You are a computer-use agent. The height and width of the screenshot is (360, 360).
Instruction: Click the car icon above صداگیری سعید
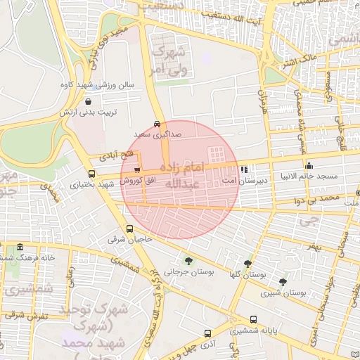(156, 122)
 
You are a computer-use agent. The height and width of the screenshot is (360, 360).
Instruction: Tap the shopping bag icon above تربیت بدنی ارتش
(88, 101)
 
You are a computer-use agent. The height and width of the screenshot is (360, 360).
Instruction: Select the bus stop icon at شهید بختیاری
(92, 174)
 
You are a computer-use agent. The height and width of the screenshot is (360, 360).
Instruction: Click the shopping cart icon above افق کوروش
(136, 169)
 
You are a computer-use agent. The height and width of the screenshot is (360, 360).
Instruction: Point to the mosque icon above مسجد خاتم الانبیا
(309, 165)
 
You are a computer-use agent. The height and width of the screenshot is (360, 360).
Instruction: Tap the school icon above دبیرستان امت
(243, 169)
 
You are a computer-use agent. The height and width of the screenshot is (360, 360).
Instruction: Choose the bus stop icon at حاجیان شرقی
(129, 229)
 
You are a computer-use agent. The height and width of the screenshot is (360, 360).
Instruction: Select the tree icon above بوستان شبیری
(283, 281)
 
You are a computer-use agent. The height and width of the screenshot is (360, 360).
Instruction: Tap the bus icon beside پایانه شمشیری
(253, 319)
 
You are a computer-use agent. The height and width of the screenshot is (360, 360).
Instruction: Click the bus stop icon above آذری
(207, 333)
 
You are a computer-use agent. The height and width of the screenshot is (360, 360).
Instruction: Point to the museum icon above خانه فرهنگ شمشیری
(19, 247)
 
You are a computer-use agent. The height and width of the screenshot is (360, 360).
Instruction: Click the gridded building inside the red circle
(217, 154)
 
